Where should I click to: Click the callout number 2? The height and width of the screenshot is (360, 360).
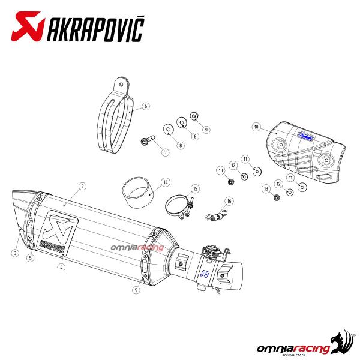click(x=83, y=186)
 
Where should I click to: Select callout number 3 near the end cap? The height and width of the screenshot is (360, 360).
click(x=15, y=253)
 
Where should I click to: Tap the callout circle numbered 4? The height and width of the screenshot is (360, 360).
click(x=61, y=267)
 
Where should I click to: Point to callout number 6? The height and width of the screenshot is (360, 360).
click(x=146, y=106)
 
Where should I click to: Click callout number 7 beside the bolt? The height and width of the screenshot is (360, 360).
click(x=166, y=152)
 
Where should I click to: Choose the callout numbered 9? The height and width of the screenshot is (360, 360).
click(x=206, y=130)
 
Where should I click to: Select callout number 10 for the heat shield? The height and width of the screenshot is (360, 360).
click(x=256, y=127)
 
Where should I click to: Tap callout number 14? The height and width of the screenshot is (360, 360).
click(x=166, y=182)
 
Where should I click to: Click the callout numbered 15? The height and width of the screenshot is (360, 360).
click(x=195, y=189)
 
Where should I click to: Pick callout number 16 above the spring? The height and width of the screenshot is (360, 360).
click(x=229, y=201)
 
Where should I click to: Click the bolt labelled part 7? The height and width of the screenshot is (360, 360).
click(x=148, y=140)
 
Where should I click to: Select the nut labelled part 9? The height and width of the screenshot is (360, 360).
click(x=194, y=116)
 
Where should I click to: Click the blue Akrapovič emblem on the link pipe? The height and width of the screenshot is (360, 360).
click(x=204, y=273)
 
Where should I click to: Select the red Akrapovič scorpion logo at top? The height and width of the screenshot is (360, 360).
click(x=28, y=26)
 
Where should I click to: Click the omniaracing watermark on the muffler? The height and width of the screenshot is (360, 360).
click(x=137, y=247)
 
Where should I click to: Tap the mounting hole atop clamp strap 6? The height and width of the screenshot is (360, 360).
click(x=121, y=85)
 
